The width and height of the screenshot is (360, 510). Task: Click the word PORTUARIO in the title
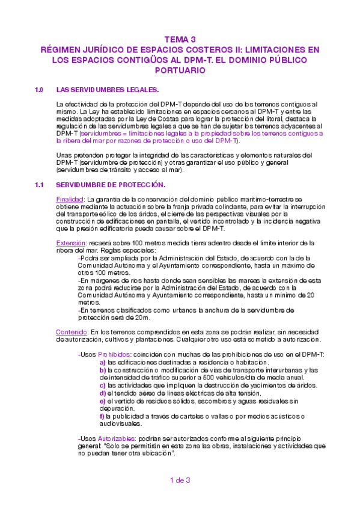point(180,70)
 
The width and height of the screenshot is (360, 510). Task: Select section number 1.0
point(40,90)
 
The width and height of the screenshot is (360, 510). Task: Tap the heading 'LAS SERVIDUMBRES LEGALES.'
point(107,90)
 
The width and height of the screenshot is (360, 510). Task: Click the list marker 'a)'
point(103,362)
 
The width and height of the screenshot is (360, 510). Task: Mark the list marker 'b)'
point(103,370)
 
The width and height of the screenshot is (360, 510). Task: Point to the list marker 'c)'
point(103,385)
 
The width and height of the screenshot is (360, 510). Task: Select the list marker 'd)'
point(103,393)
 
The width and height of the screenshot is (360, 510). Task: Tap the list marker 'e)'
point(103,401)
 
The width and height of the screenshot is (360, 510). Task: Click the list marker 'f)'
point(102,416)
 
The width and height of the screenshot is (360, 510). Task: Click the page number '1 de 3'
point(180,480)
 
